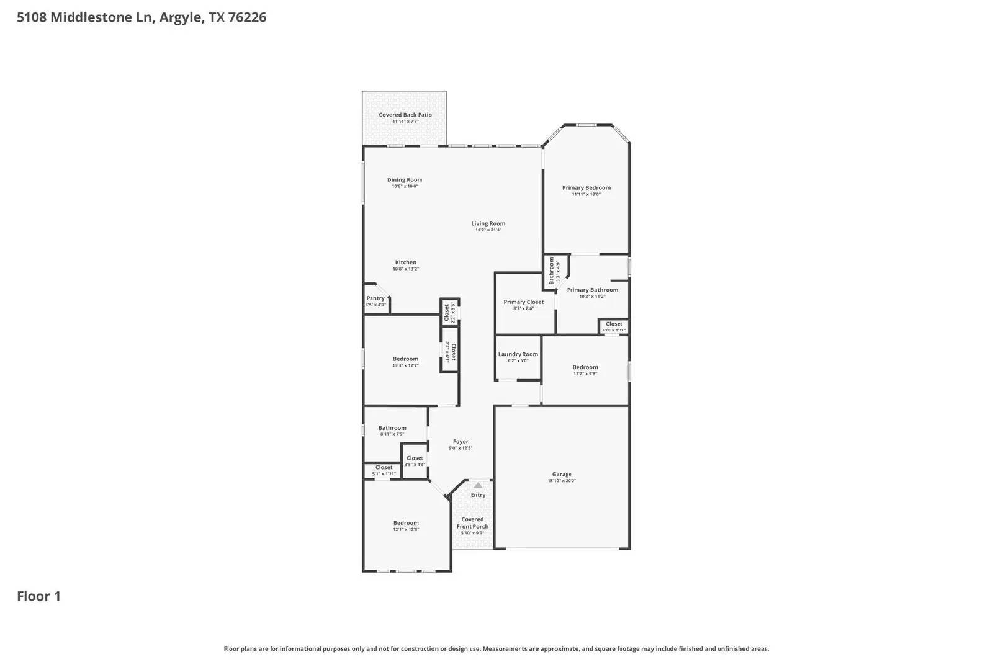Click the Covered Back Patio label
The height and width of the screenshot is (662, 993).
pos(405,115)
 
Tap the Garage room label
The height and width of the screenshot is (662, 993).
pos(562,474)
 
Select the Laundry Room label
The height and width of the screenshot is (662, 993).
pos(518,354)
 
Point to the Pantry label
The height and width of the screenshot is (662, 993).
pos(375,298)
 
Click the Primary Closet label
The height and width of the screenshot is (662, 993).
pos(523,302)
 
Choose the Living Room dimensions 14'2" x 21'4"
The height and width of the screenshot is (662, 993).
pos(488,230)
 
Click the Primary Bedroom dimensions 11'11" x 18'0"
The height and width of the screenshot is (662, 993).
pos(586,194)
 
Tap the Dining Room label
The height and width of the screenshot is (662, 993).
pos(405,180)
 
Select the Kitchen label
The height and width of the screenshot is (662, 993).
pos(406,262)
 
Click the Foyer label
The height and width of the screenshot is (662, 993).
pos(461,442)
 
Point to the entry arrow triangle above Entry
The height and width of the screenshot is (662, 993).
pos(477,485)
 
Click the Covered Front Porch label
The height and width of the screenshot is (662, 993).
pos(472,523)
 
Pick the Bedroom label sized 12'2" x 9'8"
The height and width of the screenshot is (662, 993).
pos(585,367)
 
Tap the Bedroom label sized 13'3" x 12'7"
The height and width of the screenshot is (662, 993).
pos(405,359)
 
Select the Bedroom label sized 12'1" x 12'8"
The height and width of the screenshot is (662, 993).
pos(406,522)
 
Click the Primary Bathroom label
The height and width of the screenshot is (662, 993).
pos(592,290)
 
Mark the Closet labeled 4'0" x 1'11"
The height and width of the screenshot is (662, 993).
pos(614,324)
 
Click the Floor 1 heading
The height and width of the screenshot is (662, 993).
pos(38,596)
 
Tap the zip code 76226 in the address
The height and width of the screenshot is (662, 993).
pos(247,17)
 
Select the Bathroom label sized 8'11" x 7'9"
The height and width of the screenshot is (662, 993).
pos(392,428)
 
